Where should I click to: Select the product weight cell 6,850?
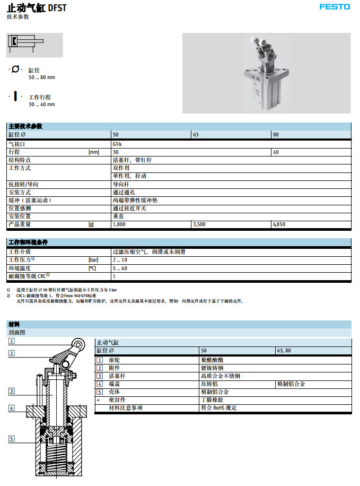279,224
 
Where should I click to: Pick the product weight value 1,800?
119,224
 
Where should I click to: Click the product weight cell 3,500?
199,224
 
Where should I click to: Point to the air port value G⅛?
116,144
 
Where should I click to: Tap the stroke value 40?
276,152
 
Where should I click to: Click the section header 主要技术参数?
25,126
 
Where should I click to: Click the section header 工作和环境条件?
28,242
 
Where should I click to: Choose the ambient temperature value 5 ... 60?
120,268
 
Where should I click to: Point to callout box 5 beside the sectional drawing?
11,438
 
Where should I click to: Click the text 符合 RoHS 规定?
218,407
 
